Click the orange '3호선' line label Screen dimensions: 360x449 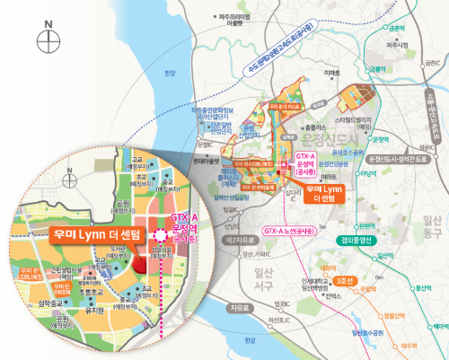pos(346,280)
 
